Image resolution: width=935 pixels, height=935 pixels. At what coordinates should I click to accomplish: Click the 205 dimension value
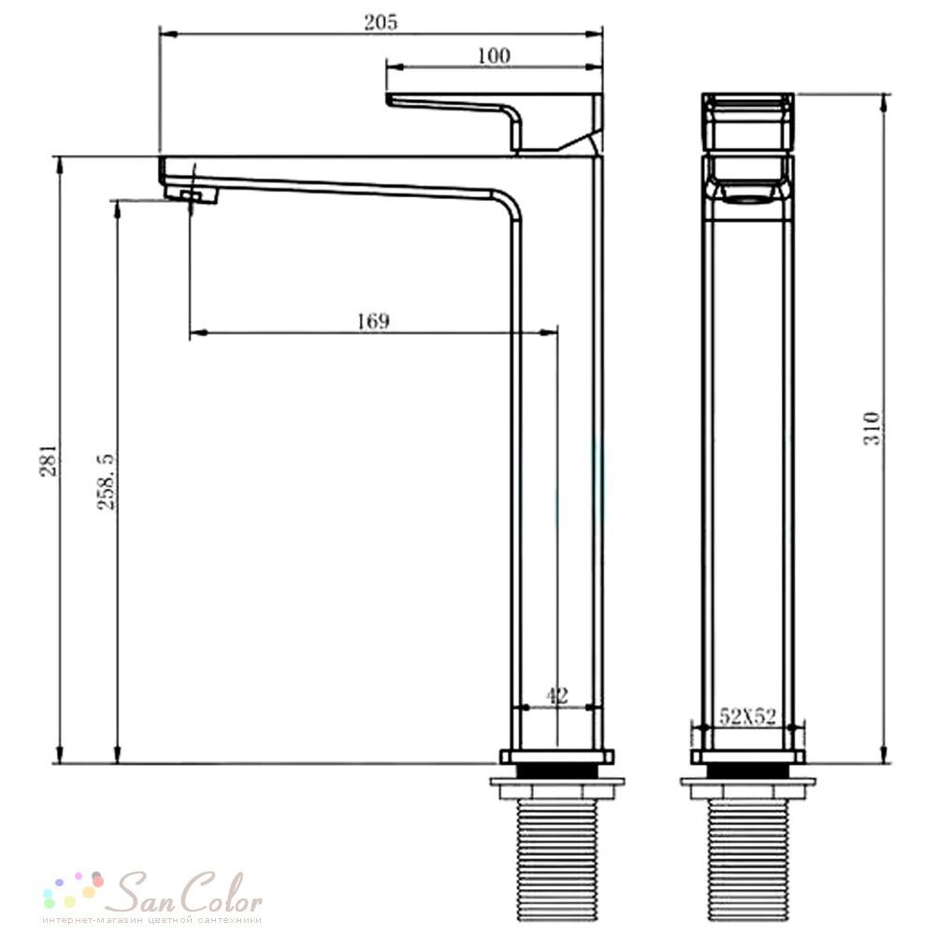click(381, 22)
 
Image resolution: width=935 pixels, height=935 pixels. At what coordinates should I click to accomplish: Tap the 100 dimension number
click(494, 55)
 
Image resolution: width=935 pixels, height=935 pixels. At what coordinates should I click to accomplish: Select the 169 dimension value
click(373, 321)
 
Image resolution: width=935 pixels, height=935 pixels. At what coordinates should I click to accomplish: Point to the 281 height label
click(50, 460)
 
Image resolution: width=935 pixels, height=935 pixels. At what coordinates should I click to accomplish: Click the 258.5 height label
click(107, 482)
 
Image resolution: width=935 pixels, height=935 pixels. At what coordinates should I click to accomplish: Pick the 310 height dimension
click(871, 427)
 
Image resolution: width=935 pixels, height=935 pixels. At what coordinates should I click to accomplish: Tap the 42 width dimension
click(557, 696)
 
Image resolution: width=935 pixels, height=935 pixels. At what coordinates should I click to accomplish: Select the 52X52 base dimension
click(748, 716)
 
